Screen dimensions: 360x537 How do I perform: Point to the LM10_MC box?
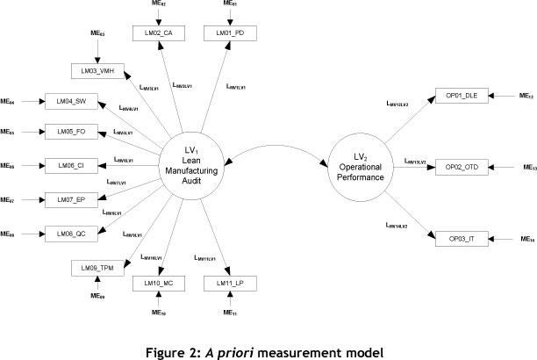point(154,284)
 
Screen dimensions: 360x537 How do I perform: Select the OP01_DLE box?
point(458,95)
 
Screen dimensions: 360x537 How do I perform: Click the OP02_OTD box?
point(458,164)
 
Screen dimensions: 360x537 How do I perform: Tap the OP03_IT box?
point(458,238)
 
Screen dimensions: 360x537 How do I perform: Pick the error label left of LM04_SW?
point(7,103)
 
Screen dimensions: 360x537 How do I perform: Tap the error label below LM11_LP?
point(229,313)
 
